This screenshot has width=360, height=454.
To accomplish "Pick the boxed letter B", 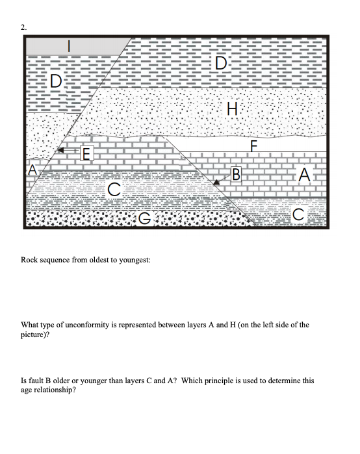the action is coord(236,173).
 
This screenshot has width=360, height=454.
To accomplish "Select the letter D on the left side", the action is coord(57,82).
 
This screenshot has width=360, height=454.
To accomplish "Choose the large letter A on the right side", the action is coord(303,175).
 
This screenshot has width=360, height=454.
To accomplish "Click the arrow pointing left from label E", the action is coord(64,151).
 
